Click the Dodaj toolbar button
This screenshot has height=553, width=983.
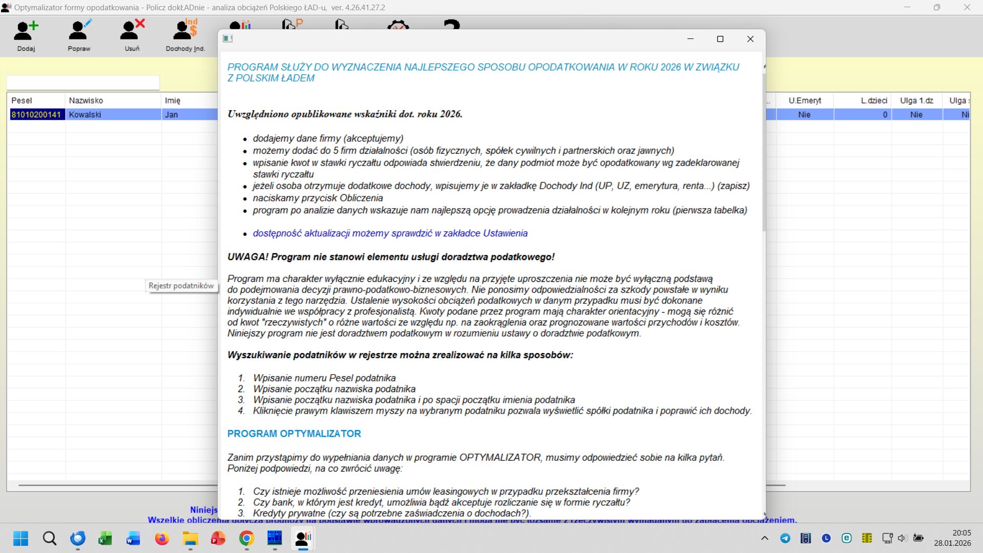point(26,35)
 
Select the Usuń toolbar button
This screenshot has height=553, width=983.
point(132,35)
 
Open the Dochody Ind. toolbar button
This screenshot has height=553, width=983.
point(185,35)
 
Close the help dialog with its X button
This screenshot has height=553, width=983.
point(750,39)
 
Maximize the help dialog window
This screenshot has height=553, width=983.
point(720,39)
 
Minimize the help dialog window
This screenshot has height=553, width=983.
point(690,39)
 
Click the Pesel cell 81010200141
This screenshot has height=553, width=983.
point(36,115)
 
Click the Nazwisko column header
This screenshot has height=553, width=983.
point(86,100)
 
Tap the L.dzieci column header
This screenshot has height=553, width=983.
point(873,100)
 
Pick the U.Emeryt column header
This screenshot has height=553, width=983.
point(804,100)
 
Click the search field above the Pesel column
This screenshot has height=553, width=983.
point(83,83)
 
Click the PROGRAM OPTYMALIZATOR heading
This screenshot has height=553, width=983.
point(294,434)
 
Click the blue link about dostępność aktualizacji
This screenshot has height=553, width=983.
point(390,233)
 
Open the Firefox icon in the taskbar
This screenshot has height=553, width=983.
point(162,539)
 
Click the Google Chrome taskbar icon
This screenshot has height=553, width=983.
point(246,539)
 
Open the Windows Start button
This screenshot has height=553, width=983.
point(21,539)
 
